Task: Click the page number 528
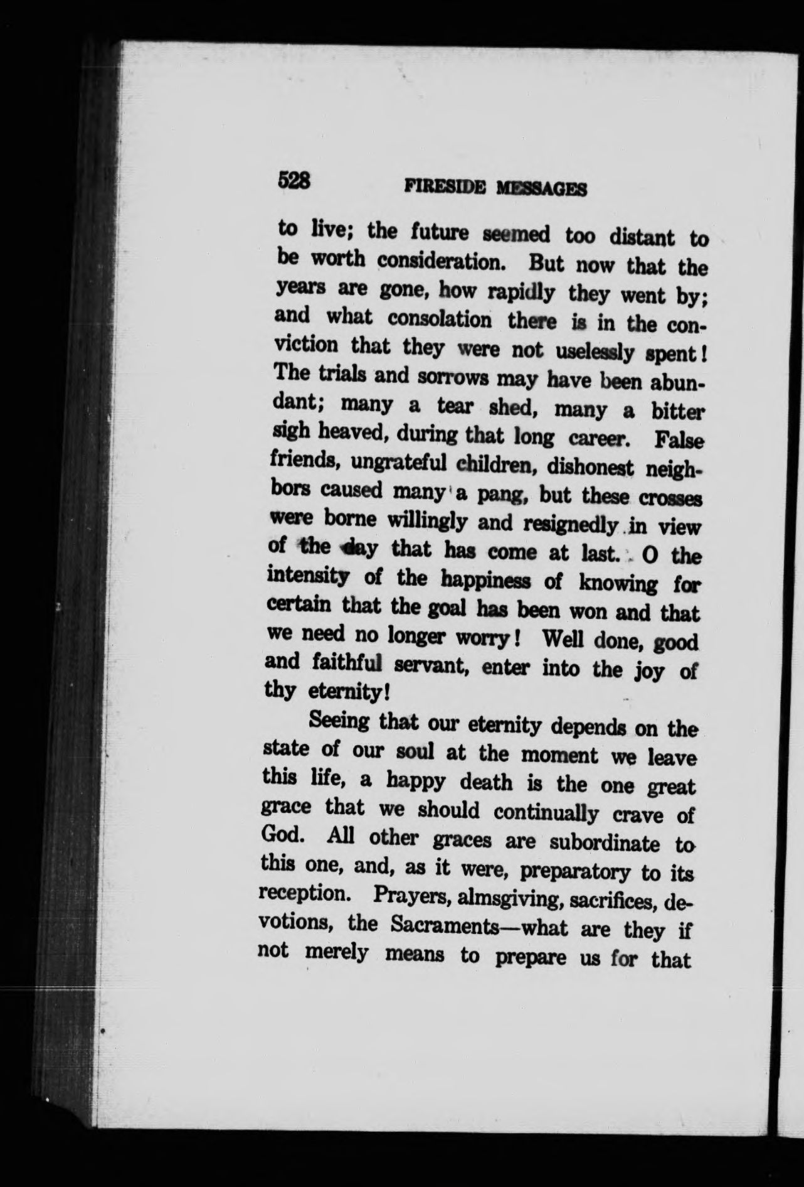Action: (294, 181)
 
